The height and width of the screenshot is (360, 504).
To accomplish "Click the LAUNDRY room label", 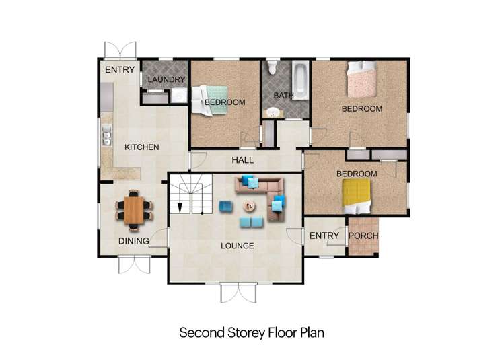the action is (166, 79).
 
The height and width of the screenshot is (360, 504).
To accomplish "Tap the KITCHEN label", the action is (142, 147).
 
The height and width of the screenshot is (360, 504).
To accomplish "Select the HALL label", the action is (243, 159).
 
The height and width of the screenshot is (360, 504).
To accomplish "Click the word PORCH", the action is (363, 236).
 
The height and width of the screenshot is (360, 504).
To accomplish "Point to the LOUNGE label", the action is (238, 246).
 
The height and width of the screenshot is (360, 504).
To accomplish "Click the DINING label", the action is (134, 241).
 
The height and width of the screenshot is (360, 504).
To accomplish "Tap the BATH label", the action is (284, 95).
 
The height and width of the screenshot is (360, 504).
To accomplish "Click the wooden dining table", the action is (134, 210).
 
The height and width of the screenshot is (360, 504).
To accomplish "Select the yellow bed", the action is (356, 196).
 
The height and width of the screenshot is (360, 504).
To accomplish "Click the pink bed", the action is (362, 79).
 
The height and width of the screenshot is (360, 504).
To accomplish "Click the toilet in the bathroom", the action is (273, 67).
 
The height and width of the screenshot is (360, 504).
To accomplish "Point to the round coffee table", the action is (249, 206).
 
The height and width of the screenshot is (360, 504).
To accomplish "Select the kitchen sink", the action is (106, 135).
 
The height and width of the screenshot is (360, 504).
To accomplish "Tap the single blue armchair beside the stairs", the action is (226, 207).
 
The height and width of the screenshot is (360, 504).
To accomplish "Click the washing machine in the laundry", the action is (179, 96).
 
